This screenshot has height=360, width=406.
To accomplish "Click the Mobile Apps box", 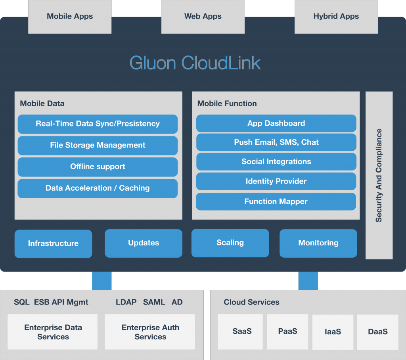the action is (x=70, y=17).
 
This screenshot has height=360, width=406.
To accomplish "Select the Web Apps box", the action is (x=203, y=17).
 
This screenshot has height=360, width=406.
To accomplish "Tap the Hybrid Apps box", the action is (x=336, y=17).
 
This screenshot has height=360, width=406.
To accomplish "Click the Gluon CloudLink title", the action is (x=195, y=63).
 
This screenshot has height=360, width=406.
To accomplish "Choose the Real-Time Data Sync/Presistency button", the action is (x=98, y=124).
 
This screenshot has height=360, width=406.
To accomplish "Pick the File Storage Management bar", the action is (x=98, y=145).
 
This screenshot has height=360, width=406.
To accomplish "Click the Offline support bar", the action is (x=98, y=167).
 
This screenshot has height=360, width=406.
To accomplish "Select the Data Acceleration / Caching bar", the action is (x=98, y=188).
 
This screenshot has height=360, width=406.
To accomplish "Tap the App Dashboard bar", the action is (x=276, y=123).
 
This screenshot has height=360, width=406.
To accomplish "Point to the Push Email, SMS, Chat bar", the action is (x=276, y=142).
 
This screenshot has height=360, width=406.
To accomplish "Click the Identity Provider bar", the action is (x=276, y=181).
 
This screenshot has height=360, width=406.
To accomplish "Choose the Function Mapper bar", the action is (x=276, y=201).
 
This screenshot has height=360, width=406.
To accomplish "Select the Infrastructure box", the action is (x=54, y=244).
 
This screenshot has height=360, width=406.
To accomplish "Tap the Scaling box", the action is (x=230, y=243).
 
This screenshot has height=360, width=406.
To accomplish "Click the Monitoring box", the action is (x=318, y=243).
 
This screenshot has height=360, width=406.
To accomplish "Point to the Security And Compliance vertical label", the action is (x=379, y=175).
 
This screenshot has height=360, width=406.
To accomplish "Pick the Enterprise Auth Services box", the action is (x=150, y=332).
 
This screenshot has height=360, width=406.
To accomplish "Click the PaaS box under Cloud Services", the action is (x=288, y=332).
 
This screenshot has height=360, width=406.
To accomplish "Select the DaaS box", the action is (x=378, y=332).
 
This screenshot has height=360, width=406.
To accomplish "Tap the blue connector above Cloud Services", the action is (x=308, y=281).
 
